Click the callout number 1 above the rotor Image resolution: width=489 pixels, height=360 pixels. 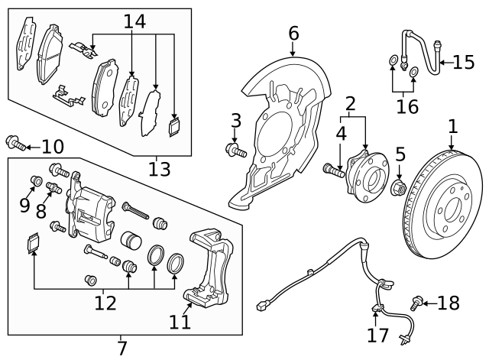pyautogui.click(x=452, y=126)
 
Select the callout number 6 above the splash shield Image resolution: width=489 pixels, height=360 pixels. pyautogui.click(x=294, y=34)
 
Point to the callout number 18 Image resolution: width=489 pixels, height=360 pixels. pyautogui.click(x=449, y=303)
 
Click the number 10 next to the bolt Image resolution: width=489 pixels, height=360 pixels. pyautogui.click(x=53, y=145)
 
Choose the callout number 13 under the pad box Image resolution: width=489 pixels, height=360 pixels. pyautogui.click(x=159, y=169)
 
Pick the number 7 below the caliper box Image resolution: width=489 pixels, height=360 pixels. pyautogui.click(x=121, y=349)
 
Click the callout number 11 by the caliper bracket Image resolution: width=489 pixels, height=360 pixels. pyautogui.click(x=180, y=322)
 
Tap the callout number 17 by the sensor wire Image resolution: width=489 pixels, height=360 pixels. pyautogui.click(x=377, y=335)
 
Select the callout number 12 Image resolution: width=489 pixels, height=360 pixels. pyautogui.click(x=105, y=303)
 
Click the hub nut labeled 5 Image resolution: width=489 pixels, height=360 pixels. pyautogui.click(x=397, y=188)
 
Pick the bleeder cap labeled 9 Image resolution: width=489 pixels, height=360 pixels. pyautogui.click(x=35, y=181)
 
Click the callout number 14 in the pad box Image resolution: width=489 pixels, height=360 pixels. pyautogui.click(x=134, y=21)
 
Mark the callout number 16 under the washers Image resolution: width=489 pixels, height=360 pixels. pyautogui.click(x=407, y=106)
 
